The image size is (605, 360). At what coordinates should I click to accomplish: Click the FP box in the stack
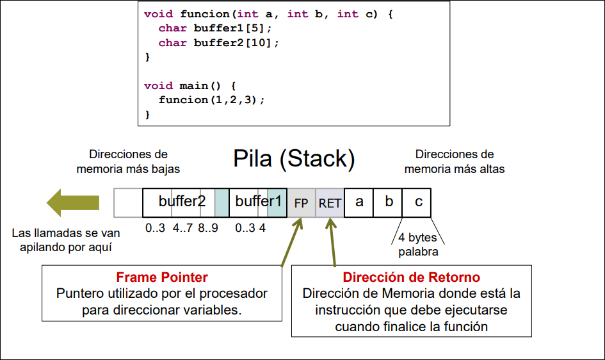(301, 203)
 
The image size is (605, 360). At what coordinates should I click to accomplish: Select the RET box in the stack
(330, 203)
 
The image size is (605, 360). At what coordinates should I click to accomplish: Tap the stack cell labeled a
(359, 202)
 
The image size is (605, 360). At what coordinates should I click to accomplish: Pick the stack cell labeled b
(389, 202)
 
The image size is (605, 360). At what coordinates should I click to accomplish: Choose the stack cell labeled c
(417, 202)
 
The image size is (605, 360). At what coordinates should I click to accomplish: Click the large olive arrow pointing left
(71, 202)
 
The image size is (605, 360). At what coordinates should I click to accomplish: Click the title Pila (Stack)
(294, 159)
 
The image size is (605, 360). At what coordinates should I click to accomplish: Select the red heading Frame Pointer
(162, 277)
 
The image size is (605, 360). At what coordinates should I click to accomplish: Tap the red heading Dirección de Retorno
(412, 277)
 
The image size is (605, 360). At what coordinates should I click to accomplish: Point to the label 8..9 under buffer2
(209, 227)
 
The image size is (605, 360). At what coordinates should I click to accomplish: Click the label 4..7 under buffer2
(183, 227)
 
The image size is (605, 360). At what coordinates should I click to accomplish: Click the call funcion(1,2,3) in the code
(211, 100)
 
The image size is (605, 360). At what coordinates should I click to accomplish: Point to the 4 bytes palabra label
(418, 245)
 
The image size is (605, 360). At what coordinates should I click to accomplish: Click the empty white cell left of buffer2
(128, 202)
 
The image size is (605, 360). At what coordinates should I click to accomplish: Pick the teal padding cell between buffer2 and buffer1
(222, 202)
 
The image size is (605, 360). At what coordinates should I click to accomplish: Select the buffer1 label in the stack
(259, 201)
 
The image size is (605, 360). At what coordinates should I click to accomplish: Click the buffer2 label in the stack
(182, 201)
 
